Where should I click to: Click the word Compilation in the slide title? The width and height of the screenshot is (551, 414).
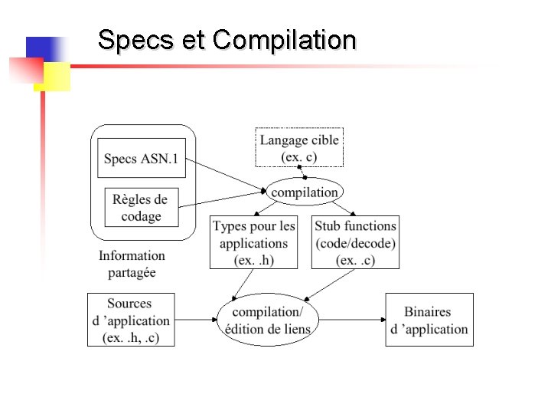tap(285, 40)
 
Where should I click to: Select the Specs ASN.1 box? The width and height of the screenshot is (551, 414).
tap(142, 159)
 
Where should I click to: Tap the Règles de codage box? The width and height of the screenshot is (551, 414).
tap(142, 207)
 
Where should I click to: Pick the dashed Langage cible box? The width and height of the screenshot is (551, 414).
tap(299, 148)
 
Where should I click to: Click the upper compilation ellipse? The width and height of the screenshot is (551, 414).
tap(304, 192)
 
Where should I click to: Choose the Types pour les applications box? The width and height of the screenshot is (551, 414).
tap(253, 242)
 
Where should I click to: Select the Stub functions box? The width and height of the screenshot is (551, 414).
tap(355, 242)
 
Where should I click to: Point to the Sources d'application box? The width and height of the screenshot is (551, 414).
tap(130, 320)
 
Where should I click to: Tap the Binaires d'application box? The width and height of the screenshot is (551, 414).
tap(429, 320)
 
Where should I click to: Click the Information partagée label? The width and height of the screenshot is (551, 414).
tap(132, 264)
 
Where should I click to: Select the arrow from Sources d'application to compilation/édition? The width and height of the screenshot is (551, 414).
tap(196, 319)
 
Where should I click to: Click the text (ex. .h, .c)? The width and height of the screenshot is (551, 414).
tap(130, 337)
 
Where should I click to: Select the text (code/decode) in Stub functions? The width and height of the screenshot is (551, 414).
tap(355, 243)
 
